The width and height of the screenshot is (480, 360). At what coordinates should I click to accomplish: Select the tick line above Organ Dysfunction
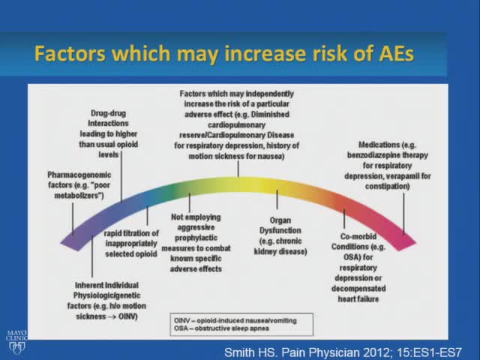(277, 200)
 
